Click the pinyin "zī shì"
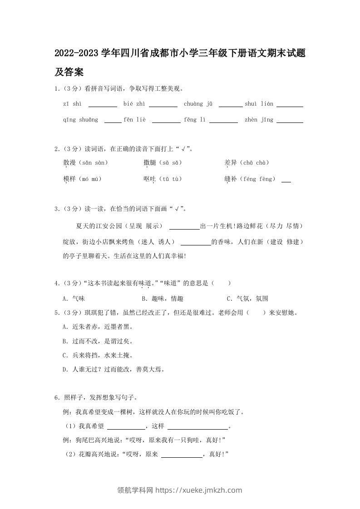coord(73,104)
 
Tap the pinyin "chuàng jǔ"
coord(198,104)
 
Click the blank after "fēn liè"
coord(166,121)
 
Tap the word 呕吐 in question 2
coord(149,179)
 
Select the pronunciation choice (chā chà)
coord(256,163)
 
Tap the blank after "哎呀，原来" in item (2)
coord(182,455)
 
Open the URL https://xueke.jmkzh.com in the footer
coord(199,490)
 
